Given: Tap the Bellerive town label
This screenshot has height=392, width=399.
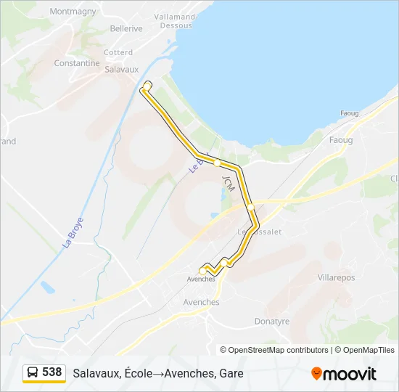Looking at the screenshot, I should (x=126, y=28).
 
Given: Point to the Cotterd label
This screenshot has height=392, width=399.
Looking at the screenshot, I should (x=118, y=52).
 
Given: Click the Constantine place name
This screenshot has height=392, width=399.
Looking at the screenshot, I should (x=77, y=63).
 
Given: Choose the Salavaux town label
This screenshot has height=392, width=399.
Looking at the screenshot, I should (x=121, y=70).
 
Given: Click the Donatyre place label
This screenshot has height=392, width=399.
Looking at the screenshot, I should (x=272, y=321).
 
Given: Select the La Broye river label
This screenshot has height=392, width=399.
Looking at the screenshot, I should (x=73, y=232).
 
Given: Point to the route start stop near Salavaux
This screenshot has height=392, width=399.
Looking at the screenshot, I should (x=147, y=86).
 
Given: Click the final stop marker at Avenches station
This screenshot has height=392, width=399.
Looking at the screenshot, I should (x=202, y=271).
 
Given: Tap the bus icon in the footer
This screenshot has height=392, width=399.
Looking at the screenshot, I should (x=33, y=372).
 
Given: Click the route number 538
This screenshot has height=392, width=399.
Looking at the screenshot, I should (x=52, y=372).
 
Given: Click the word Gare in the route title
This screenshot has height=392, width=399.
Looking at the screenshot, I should (x=230, y=373).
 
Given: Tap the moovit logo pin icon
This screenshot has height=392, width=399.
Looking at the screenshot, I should (x=316, y=373).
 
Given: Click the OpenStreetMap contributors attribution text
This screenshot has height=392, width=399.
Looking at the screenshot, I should (x=279, y=350).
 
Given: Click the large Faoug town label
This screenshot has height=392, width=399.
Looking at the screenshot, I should (x=340, y=139).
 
